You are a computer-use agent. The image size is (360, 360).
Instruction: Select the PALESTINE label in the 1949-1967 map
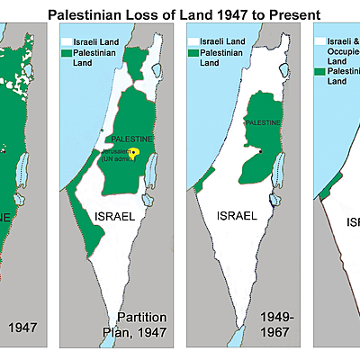pyautogui.click(x=263, y=121)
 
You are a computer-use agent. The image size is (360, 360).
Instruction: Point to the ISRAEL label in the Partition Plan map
pyautogui.click(x=114, y=216)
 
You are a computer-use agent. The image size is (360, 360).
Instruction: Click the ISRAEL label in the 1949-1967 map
pyautogui.click(x=238, y=216)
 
